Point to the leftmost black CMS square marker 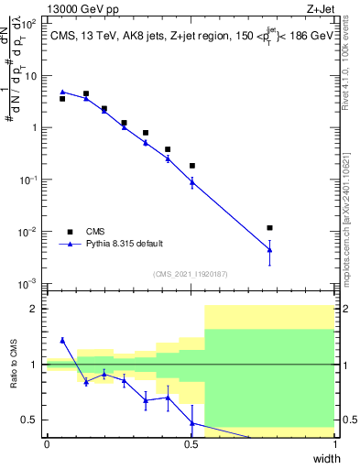click(x=62, y=98)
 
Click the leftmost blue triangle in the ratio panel click(x=62, y=340)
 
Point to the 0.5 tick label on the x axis click(x=191, y=444)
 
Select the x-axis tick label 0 click(x=47, y=444)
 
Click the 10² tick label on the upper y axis click(x=27, y=24)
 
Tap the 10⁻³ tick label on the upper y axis click(x=27, y=283)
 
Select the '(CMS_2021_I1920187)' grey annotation click(x=191, y=273)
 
